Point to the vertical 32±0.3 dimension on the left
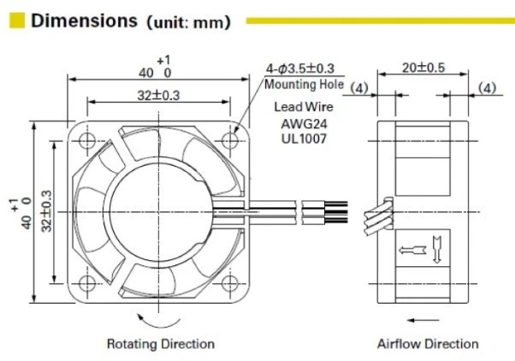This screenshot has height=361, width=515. [x=48, y=210]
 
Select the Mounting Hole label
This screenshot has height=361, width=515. [x=304, y=85]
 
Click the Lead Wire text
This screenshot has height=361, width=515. [x=304, y=108]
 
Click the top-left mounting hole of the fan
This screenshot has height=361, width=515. [x=86, y=138]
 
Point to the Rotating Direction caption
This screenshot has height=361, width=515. [x=160, y=344]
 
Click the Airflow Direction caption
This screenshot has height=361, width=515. [x=428, y=344]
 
